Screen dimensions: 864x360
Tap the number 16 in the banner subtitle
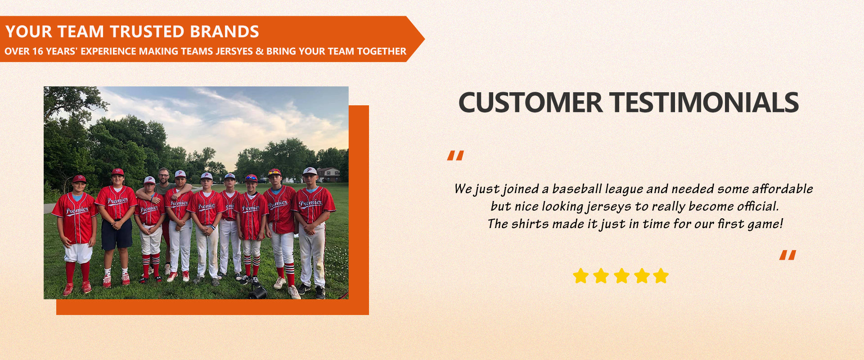click(38, 51)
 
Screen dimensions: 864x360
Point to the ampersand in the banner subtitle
click(259, 51)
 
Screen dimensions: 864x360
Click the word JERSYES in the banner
click(234, 51)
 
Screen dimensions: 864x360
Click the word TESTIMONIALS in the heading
click(704, 103)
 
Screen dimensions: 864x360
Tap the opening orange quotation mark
click(455, 156)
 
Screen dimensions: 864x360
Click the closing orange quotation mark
click(787, 255)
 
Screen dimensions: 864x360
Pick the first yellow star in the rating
click(580, 276)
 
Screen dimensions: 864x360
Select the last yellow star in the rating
click(661, 276)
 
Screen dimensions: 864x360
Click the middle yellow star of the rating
click(621, 276)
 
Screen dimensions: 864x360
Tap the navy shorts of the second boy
click(117, 234)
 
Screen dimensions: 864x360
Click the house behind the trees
click(328, 175)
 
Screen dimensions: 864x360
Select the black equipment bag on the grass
click(257, 292)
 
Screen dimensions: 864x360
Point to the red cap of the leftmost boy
click(79, 179)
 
